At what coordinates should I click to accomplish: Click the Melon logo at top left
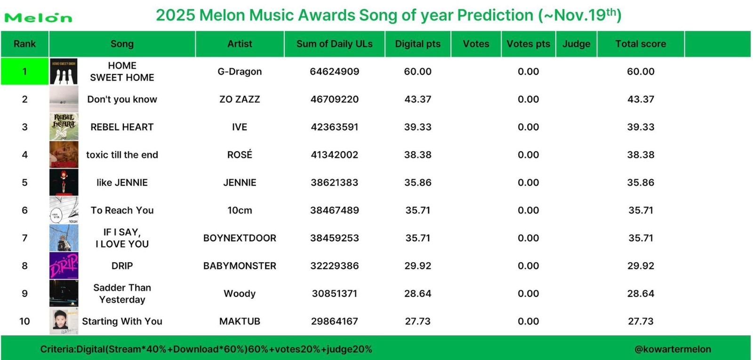(38, 18)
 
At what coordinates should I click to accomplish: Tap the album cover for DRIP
(64, 266)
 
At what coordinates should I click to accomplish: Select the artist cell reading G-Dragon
(240, 72)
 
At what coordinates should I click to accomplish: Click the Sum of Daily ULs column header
(334, 44)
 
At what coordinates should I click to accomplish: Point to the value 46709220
(334, 99)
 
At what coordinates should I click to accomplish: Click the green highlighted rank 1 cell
(24, 72)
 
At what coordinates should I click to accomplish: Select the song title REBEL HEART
(122, 127)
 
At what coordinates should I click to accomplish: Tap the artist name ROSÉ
(240, 155)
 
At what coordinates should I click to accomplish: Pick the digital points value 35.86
(417, 183)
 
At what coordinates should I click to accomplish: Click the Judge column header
(576, 44)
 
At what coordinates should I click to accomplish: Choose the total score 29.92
(641, 266)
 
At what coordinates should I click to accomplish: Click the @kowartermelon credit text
(673, 349)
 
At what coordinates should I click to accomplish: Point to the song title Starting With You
(122, 321)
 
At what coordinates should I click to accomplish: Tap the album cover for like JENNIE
(64, 183)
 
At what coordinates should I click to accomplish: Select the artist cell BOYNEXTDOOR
(240, 238)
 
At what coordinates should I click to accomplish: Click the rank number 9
(24, 294)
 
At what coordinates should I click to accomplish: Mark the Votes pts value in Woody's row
(528, 294)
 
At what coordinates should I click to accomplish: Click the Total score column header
(641, 44)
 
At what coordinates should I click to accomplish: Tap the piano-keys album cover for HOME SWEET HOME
(64, 72)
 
